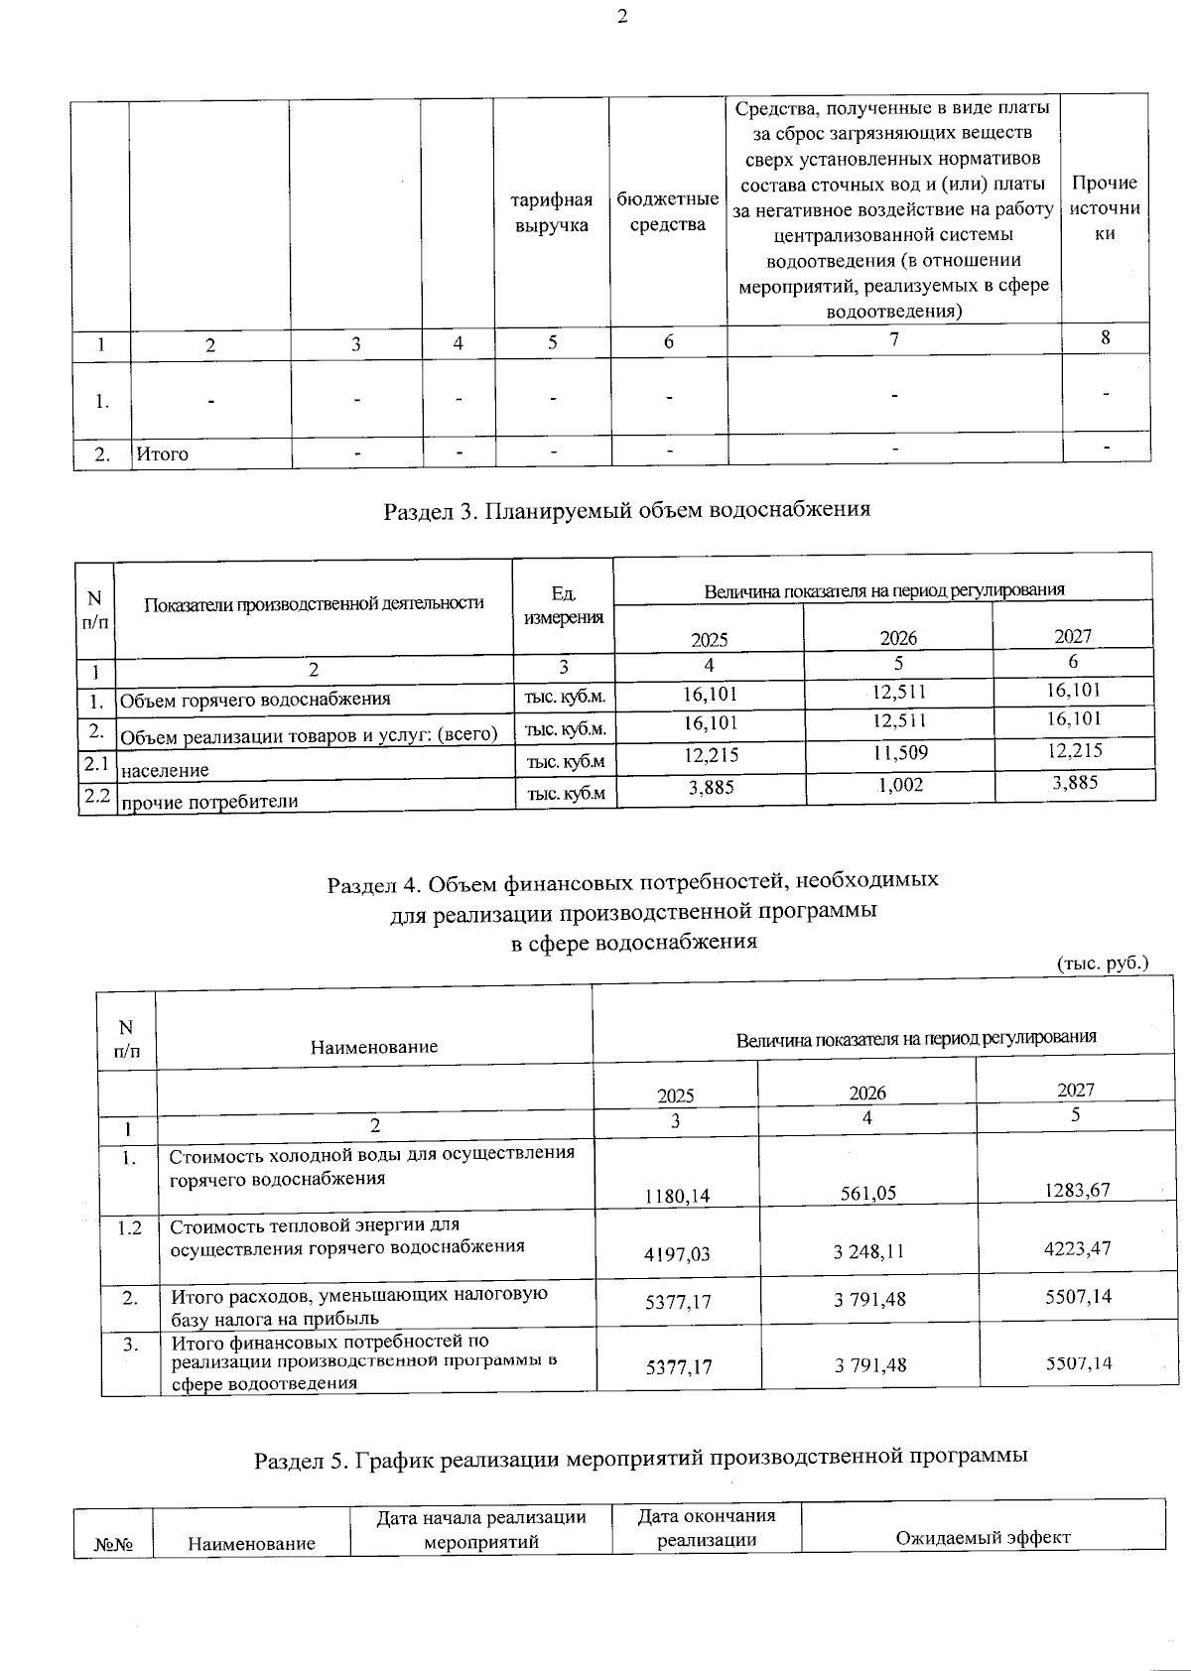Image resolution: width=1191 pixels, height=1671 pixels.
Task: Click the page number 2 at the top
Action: click(622, 16)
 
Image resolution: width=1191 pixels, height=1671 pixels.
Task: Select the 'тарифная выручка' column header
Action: click(551, 212)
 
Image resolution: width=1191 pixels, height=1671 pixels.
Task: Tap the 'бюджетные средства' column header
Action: click(667, 211)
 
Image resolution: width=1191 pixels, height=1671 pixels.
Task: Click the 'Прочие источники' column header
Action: click(1105, 208)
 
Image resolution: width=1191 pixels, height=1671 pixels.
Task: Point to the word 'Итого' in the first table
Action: click(162, 454)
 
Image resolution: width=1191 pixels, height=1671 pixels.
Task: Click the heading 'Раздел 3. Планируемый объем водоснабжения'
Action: click(626, 510)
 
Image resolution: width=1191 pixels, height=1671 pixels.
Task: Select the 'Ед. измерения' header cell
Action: click(563, 604)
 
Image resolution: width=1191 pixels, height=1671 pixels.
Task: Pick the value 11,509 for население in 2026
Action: click(899, 753)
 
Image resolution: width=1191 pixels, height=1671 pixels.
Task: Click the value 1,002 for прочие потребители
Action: click(899, 785)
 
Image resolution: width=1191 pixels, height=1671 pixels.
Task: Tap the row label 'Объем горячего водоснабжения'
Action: click(255, 700)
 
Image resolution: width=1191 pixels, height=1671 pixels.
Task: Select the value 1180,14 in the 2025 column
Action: click(677, 1196)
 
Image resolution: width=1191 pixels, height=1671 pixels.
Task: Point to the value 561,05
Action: click(867, 1194)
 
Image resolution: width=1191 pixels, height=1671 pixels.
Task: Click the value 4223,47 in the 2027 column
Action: click(1077, 1248)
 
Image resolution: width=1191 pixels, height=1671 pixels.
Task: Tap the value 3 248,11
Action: click(868, 1251)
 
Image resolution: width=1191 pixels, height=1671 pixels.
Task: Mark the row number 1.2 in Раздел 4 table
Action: click(129, 1227)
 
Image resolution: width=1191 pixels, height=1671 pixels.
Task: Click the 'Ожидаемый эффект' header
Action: click(983, 1537)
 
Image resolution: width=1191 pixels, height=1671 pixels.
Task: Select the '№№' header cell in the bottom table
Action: click(113, 1544)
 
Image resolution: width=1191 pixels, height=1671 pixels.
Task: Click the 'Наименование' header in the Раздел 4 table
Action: click(374, 1046)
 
